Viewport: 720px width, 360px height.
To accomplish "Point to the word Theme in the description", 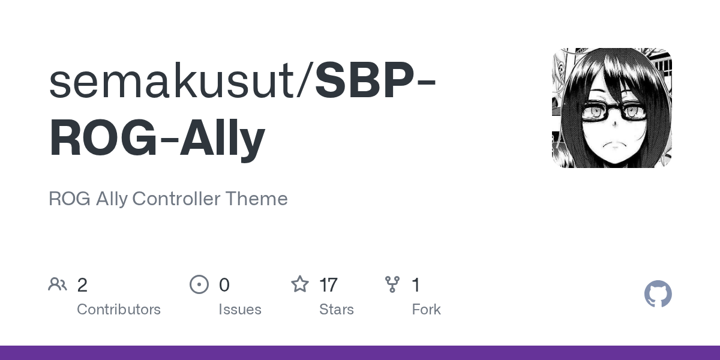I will pos(256,199).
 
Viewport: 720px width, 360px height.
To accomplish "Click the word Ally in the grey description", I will pos(112,199).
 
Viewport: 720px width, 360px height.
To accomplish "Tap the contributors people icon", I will pos(58,284).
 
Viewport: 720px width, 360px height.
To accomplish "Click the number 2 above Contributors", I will pos(82,285).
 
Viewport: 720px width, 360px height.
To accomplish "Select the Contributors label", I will pos(119,310).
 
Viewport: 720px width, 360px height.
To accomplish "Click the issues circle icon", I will pos(199,284).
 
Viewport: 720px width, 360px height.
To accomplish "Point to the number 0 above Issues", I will pos(224,285).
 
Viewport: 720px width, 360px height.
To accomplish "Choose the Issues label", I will pos(240,310).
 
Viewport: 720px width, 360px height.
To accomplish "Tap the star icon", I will pos(299,284).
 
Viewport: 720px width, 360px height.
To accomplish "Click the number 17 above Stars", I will pos(328,285).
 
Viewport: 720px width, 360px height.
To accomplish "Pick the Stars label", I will pos(337,310).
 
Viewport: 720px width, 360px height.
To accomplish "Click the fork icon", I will pos(392,284).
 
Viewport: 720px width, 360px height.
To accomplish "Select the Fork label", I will pos(427,310).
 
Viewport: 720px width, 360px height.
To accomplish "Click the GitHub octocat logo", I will pos(658,294).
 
